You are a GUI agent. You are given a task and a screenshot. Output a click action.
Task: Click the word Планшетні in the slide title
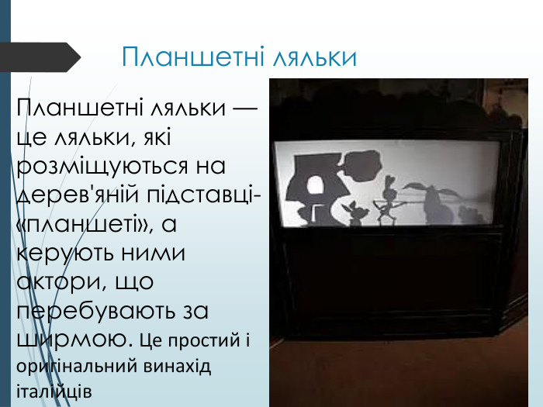[x=193, y=57]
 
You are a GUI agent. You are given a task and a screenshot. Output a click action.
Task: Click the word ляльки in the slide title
[x=314, y=57]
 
